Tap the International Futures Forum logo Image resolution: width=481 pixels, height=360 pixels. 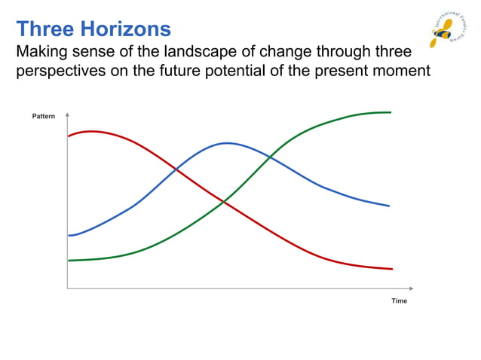coord(447,28)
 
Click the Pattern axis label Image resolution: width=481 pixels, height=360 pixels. coord(44,117)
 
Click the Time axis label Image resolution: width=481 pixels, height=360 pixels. coord(399,301)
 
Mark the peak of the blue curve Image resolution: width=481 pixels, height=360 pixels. coord(226,142)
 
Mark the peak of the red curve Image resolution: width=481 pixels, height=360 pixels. coord(91,131)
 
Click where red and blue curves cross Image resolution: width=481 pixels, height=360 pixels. coord(176,169)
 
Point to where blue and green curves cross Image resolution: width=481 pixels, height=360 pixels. coord(269,157)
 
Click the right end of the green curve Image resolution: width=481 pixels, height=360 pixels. coord(391,112)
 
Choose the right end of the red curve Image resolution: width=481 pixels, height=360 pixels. coord(392,269)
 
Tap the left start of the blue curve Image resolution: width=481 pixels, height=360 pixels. coord(69,236)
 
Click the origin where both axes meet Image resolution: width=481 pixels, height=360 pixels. coord(68,288)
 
